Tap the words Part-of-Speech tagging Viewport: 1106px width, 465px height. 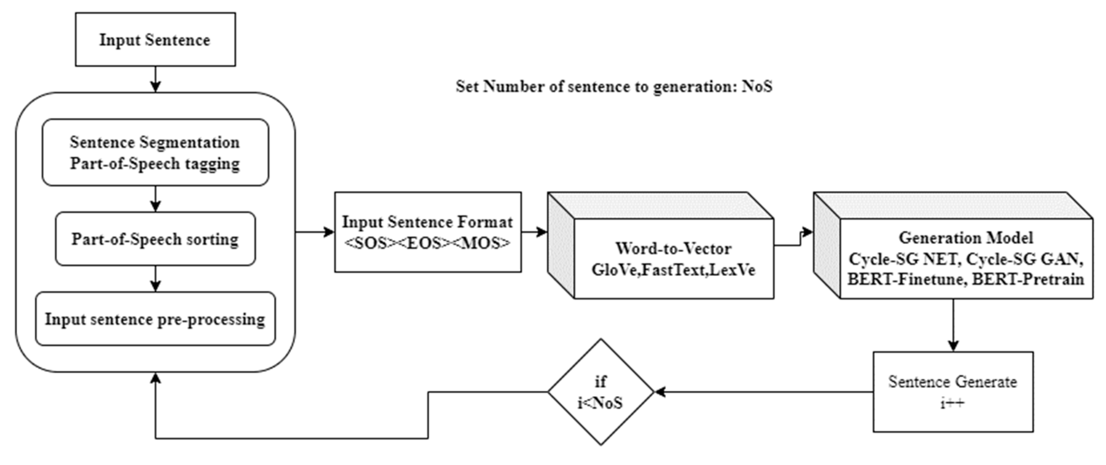[x=155, y=164]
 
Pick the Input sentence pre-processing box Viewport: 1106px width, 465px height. [x=155, y=319]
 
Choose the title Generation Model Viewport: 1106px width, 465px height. [x=966, y=238]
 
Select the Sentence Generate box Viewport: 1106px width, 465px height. [x=953, y=391]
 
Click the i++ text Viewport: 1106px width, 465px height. [x=952, y=403]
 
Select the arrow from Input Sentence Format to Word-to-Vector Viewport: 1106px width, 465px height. [x=535, y=232]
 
